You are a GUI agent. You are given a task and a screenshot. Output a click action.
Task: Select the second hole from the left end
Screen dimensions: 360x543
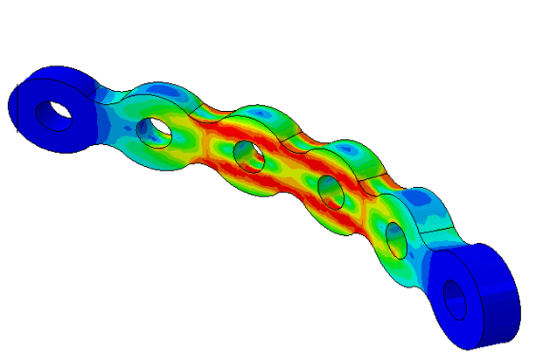[159, 130]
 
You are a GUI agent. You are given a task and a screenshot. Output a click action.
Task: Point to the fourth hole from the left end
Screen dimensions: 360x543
[330, 190]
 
